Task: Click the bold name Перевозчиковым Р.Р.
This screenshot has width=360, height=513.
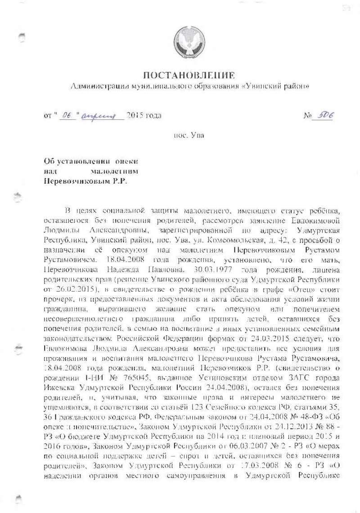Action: click(85, 180)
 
